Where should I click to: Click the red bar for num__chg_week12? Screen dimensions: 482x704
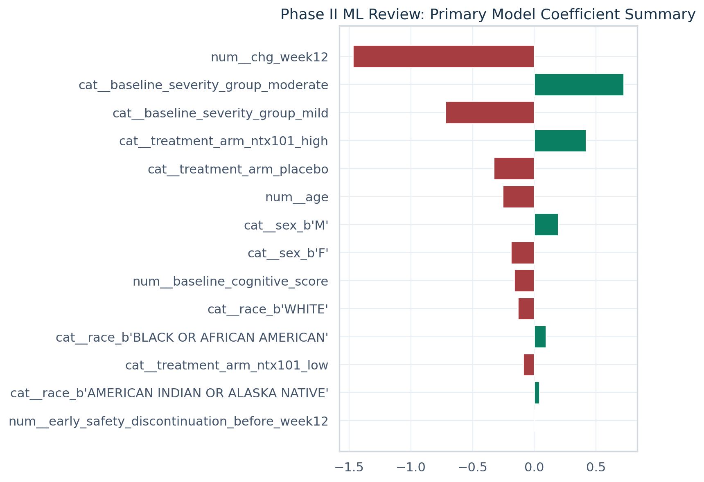pyautogui.click(x=443, y=56)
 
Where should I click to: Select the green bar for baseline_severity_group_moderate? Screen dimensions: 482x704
pyautogui.click(x=579, y=85)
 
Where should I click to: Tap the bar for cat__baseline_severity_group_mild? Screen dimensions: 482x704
pyautogui.click(x=490, y=113)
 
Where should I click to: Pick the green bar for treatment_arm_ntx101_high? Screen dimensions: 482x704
pyautogui.click(x=560, y=141)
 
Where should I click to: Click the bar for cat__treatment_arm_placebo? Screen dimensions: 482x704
pyautogui.click(x=514, y=169)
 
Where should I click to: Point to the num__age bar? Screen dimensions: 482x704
pyautogui.click(x=518, y=197)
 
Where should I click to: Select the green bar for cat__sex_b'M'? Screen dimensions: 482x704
pyautogui.click(x=546, y=225)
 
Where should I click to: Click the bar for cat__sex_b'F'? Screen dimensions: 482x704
pyautogui.click(x=522, y=253)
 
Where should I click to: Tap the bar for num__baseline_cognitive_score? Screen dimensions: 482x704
pyautogui.click(x=524, y=281)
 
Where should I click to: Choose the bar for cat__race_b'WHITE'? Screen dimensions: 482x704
pyautogui.click(x=526, y=309)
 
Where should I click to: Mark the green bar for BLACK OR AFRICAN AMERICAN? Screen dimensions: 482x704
pyautogui.click(x=540, y=337)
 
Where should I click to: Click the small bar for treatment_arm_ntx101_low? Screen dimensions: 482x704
pyautogui.click(x=528, y=365)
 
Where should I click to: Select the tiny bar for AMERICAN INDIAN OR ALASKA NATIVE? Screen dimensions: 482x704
pyautogui.click(x=537, y=393)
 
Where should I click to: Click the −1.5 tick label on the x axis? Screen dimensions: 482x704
pyautogui.click(x=349, y=467)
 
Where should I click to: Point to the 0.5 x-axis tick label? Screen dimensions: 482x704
pyautogui.click(x=596, y=467)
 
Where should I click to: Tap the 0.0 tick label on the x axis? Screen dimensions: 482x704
pyautogui.click(x=534, y=467)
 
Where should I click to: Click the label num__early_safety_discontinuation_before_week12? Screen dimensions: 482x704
pyautogui.click(x=168, y=421)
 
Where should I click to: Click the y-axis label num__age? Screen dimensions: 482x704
pyautogui.click(x=296, y=197)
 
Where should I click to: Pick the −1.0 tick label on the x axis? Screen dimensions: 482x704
pyautogui.click(x=410, y=467)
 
